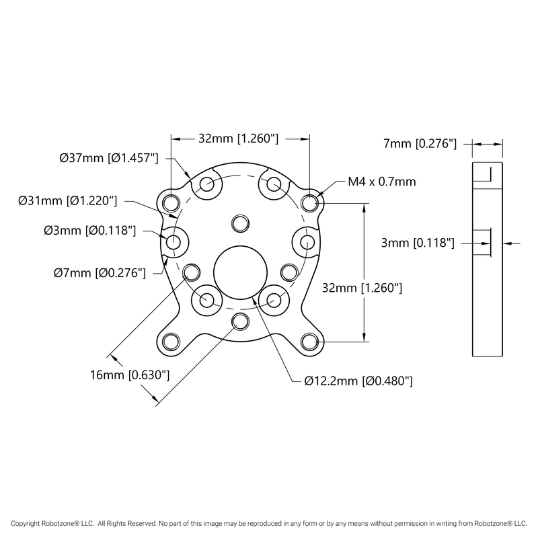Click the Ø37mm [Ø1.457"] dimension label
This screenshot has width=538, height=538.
(108, 159)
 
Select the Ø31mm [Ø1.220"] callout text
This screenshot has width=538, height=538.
(68, 200)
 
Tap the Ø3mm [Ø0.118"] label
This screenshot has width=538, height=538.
(90, 231)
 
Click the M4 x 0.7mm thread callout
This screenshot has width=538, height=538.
(381, 182)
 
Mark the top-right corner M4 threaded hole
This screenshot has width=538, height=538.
(309, 202)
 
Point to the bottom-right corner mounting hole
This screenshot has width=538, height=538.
(309, 342)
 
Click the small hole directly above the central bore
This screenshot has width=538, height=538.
(240, 223)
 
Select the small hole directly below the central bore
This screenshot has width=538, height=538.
(240, 321)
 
